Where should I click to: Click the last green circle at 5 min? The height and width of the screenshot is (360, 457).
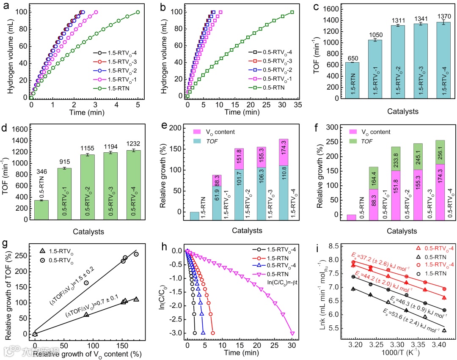pyautogui.click(x=138, y=12)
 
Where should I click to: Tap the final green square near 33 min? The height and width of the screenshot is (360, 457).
pyautogui.click(x=292, y=12)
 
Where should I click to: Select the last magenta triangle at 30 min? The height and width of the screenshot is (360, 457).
pyautogui.click(x=292, y=333)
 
